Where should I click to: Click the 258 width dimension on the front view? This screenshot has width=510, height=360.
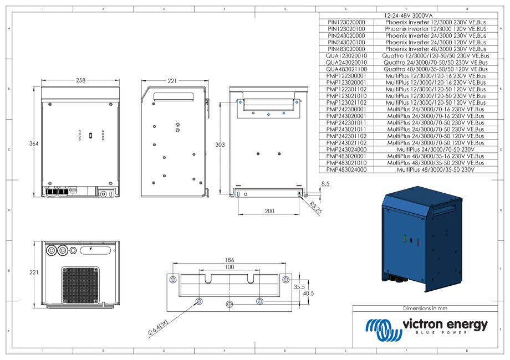tap(81, 80)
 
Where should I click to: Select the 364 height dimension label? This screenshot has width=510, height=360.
tap(34, 144)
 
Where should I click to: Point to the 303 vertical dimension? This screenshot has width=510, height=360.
tap(220, 144)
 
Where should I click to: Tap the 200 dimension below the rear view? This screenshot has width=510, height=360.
tap(269, 212)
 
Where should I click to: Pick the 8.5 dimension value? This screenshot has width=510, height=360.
tap(325, 183)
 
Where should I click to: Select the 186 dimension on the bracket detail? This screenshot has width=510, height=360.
tap(229, 259)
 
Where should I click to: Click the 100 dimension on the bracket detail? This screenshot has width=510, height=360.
tap(229, 267)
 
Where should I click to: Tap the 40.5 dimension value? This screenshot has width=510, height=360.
tap(308, 294)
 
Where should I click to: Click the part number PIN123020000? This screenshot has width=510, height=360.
tap(346, 22)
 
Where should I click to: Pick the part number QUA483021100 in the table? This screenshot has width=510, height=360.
tap(346, 69)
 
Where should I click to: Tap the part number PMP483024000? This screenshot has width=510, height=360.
tap(346, 171)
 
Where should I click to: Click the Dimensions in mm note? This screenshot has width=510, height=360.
tap(425, 308)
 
